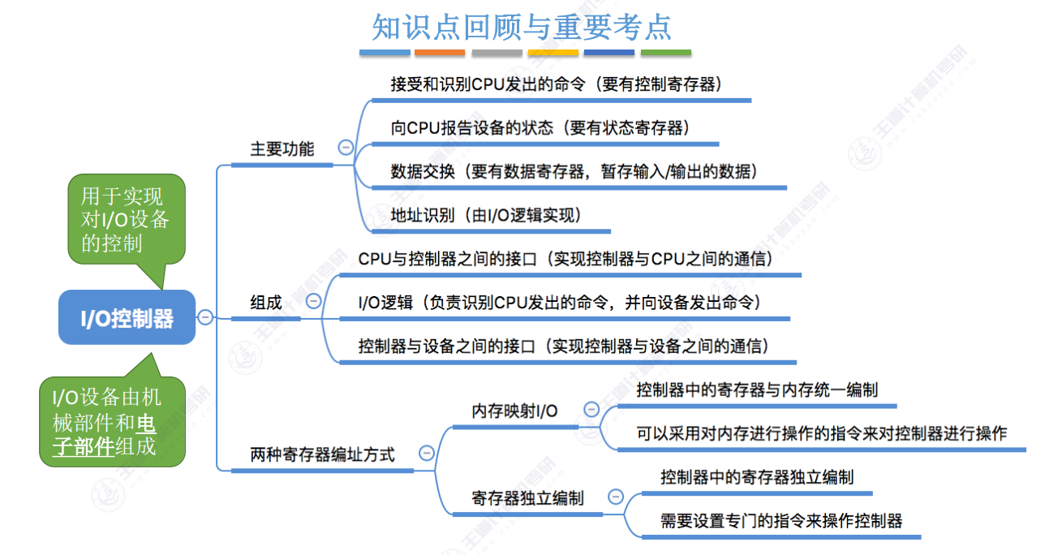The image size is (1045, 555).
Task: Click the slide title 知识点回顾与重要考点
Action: (522, 26)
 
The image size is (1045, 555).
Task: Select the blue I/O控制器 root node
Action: (127, 317)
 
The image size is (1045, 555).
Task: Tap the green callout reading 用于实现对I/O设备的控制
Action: (125, 219)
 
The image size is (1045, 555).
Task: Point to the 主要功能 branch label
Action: (282, 149)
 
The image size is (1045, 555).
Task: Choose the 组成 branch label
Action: (266, 303)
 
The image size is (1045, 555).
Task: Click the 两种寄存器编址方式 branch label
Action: (322, 454)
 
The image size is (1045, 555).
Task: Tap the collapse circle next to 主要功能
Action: (346, 148)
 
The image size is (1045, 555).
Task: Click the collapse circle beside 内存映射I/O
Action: (591, 410)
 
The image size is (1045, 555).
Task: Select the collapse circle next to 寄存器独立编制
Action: (616, 497)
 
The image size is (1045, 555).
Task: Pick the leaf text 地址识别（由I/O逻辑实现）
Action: (487, 215)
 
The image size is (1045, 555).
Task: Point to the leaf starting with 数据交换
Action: (574, 171)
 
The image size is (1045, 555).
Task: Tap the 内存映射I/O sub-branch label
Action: (514, 411)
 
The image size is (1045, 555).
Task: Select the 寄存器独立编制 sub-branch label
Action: (527, 498)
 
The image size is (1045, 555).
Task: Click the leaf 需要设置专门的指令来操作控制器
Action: (781, 520)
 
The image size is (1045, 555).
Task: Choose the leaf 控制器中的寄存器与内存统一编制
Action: (757, 389)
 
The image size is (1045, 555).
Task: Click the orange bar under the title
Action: (440, 53)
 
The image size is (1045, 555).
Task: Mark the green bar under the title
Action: (666, 53)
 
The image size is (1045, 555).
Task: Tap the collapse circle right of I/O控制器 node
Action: (205, 317)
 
